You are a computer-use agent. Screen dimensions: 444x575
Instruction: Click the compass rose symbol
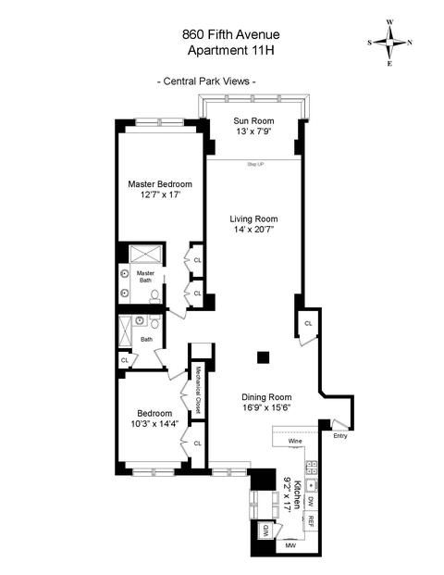(x=390, y=43)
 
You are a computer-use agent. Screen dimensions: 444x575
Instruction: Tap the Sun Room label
(x=253, y=121)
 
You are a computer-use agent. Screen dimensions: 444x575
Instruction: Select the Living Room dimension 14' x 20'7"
(x=253, y=230)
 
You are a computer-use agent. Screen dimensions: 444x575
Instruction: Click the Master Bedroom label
(x=160, y=184)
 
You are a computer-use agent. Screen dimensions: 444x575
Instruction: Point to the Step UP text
(x=255, y=165)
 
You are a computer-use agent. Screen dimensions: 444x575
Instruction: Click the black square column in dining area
(x=263, y=357)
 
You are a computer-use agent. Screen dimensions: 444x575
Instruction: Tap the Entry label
(x=340, y=436)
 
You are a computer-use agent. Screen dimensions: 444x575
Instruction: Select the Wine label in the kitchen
(x=295, y=441)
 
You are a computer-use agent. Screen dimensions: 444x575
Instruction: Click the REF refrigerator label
(x=310, y=521)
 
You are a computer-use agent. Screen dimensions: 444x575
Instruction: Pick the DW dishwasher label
(x=310, y=501)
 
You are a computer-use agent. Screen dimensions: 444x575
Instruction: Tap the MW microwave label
(x=290, y=545)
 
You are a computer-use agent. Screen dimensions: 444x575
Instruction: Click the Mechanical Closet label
(x=198, y=390)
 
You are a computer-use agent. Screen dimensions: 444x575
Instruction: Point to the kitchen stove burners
(x=312, y=468)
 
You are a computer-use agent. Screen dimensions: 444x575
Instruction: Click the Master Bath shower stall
(x=145, y=254)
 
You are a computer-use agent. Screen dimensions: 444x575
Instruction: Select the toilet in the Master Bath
(x=155, y=296)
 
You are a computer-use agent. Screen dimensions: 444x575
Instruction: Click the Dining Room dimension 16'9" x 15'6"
(x=266, y=407)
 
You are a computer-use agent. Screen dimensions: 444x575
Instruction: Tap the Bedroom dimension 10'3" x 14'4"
(x=154, y=424)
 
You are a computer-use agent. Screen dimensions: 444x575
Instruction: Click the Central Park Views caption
(x=206, y=81)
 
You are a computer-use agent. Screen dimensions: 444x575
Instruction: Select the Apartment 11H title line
(x=231, y=50)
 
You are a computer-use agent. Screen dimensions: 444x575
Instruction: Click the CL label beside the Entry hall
(x=308, y=323)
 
